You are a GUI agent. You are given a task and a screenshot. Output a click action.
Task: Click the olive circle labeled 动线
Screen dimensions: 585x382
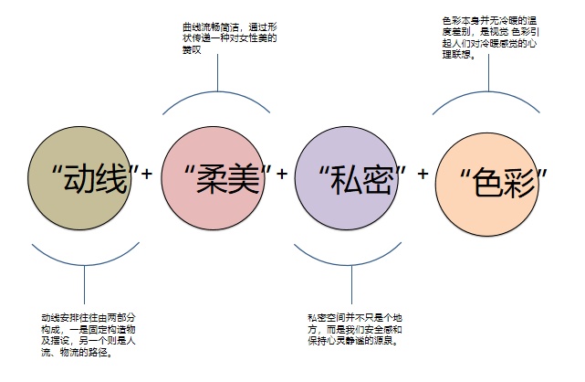click(79, 178)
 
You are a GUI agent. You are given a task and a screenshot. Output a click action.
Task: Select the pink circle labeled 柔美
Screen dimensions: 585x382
click(213, 178)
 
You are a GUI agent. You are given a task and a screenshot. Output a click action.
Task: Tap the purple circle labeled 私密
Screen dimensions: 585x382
click(347, 178)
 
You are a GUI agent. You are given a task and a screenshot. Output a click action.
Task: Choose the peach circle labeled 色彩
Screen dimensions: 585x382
click(487, 184)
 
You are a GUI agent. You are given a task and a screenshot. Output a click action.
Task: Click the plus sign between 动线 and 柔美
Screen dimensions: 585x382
click(147, 174)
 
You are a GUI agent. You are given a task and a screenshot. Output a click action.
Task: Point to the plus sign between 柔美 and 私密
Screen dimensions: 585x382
click(282, 174)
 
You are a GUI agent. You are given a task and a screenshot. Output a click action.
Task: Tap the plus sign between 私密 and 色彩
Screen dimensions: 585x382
click(423, 174)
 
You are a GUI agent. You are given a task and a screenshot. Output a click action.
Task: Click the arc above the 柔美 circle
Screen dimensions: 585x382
click(217, 91)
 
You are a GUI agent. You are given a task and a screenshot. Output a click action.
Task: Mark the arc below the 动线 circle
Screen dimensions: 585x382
click(84, 265)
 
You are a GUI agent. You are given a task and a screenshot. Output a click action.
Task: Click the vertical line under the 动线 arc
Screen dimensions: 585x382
click(84, 284)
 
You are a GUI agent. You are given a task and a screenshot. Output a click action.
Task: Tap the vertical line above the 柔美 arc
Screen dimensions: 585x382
click(217, 72)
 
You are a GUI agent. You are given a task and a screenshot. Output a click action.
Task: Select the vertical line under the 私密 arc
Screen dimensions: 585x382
click(351, 284)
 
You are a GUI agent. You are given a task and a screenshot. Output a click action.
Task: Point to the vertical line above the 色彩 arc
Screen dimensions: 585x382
click(488, 72)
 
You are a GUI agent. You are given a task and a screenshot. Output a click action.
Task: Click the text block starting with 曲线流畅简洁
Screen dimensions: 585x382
click(229, 38)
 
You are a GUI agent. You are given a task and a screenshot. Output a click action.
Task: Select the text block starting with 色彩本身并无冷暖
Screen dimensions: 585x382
click(491, 37)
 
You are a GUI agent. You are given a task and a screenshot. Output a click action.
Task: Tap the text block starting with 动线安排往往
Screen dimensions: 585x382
click(89, 335)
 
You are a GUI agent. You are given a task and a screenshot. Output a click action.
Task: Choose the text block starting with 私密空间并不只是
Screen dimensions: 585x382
click(355, 329)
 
